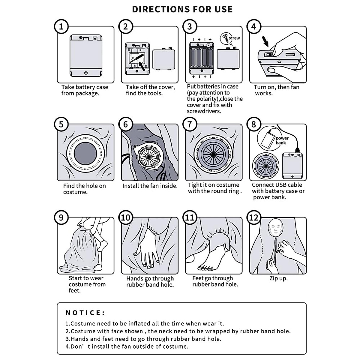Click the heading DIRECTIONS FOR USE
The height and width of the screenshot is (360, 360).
coord(182,9)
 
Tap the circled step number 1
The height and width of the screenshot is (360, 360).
coord(61,27)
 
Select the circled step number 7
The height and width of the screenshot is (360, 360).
coord(190,124)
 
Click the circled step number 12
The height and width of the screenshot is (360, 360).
coord(254,217)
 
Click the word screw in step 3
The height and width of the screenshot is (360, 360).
coord(234,38)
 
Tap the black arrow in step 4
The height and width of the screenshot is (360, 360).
coord(265,41)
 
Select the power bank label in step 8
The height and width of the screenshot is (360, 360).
coord(282,140)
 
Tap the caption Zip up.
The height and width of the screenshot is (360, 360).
coord(278,278)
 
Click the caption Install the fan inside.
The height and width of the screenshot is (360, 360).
coord(150,186)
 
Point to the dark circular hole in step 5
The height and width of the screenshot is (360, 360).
coord(85,154)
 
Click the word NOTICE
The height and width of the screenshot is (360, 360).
coord(85,313)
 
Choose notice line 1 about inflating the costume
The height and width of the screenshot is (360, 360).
coord(145,324)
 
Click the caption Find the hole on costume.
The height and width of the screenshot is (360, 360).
coord(84,189)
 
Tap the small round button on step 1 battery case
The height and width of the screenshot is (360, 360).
coord(86,73)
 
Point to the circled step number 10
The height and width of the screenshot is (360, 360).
coord(126,217)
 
